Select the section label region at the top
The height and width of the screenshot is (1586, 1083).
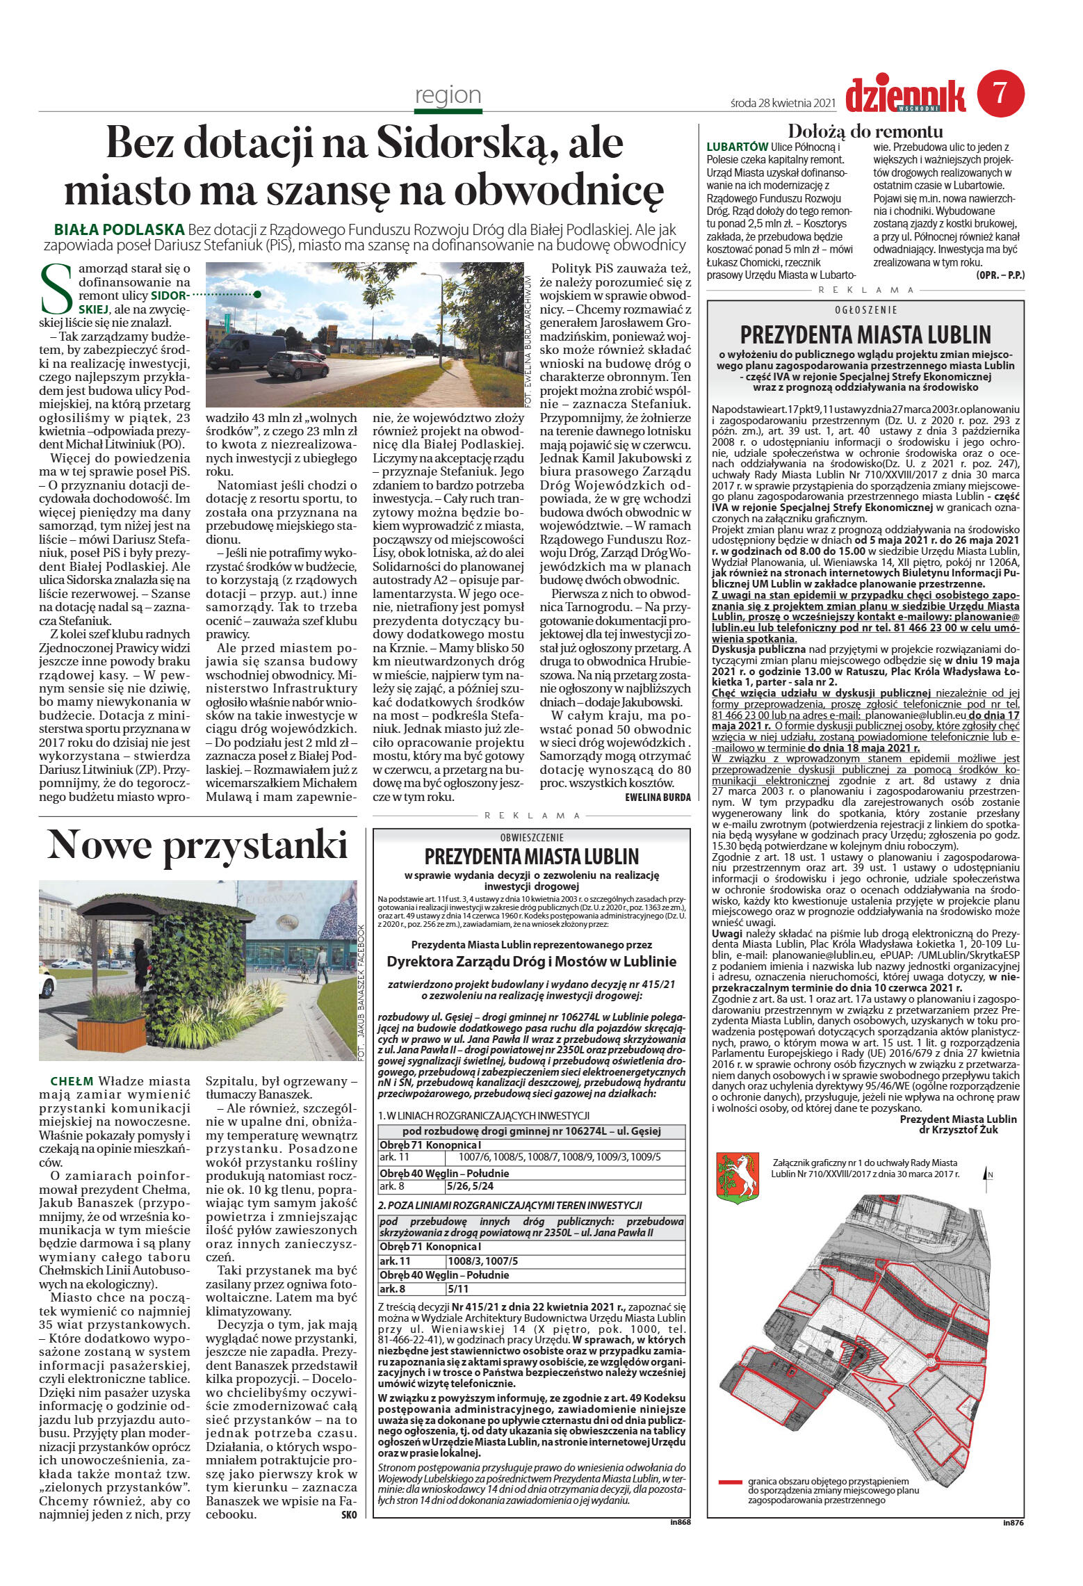pos(448,95)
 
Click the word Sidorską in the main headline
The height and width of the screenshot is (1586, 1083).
pos(457,143)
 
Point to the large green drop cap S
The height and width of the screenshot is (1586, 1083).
pos(56,288)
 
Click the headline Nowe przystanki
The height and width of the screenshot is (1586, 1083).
pos(197,845)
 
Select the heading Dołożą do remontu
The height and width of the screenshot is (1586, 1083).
pos(865,131)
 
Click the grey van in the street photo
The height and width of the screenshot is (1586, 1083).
pos(236,351)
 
